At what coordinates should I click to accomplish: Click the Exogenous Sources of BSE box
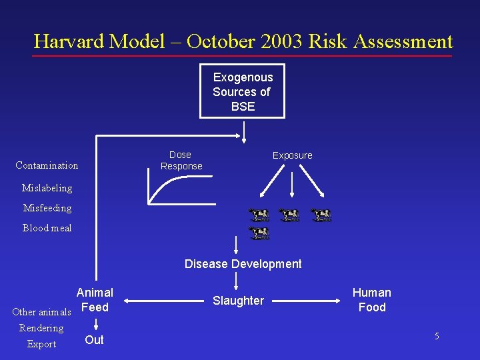point(243,91)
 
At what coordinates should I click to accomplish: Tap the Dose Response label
point(181,160)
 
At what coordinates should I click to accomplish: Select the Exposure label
point(292,155)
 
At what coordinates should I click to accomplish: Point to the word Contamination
point(47,165)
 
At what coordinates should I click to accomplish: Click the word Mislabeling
point(47,188)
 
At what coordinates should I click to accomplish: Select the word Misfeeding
point(47,208)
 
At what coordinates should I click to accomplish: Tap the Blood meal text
point(47,228)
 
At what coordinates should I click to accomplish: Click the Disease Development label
point(243,264)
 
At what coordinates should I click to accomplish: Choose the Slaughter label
point(238,301)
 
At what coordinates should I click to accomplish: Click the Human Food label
point(372,300)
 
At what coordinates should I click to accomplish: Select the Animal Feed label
point(95,300)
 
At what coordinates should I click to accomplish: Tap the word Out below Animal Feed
point(95,340)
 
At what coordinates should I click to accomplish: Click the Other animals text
point(42,312)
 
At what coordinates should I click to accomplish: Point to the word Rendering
point(41,328)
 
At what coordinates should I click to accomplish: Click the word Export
point(41,344)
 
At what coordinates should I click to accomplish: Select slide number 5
point(437,337)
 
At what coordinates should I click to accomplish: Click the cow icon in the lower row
point(259,233)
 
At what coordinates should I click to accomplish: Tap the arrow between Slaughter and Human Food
point(308,301)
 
